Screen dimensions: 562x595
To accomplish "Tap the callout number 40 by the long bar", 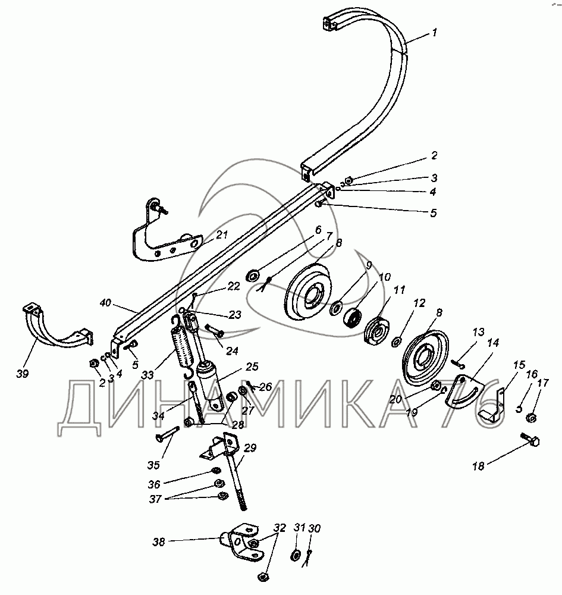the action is [106, 303].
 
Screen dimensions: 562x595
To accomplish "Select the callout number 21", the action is [222, 235].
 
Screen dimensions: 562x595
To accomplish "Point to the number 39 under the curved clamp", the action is [23, 374].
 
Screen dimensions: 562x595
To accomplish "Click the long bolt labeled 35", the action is [167, 433].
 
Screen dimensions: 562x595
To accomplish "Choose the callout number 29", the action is [250, 448].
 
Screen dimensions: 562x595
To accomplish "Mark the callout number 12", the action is [419, 303].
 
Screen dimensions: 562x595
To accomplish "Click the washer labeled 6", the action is [253, 275].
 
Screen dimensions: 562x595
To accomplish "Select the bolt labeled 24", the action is [215, 330].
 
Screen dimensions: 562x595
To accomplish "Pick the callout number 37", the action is [155, 499].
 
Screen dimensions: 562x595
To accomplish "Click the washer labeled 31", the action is [295, 556].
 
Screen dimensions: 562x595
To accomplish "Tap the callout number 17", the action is [543, 383].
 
